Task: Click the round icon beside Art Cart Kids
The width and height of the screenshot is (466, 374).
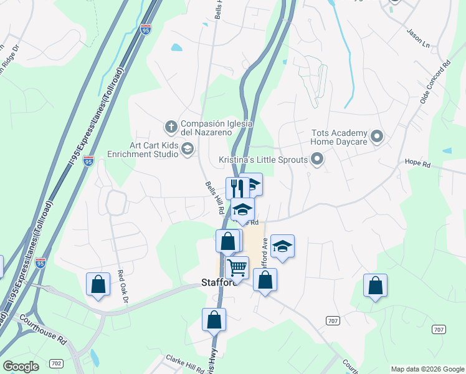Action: pos(188,148)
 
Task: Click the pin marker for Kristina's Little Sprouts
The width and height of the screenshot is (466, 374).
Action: pos(317,160)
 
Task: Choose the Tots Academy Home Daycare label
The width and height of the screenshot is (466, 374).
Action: pos(340,137)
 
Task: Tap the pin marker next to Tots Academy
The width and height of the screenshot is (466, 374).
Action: pos(376,135)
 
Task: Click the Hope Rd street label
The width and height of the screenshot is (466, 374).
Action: pos(417,164)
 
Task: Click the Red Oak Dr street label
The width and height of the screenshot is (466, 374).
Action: pos(122,287)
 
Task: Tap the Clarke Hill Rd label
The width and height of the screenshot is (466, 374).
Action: pos(186,363)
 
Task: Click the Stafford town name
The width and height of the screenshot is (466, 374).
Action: pos(219,282)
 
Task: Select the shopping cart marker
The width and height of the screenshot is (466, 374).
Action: pos(237,267)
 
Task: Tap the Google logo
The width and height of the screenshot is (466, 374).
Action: pos(21,367)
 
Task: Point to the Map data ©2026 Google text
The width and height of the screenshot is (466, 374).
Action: pos(427,369)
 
